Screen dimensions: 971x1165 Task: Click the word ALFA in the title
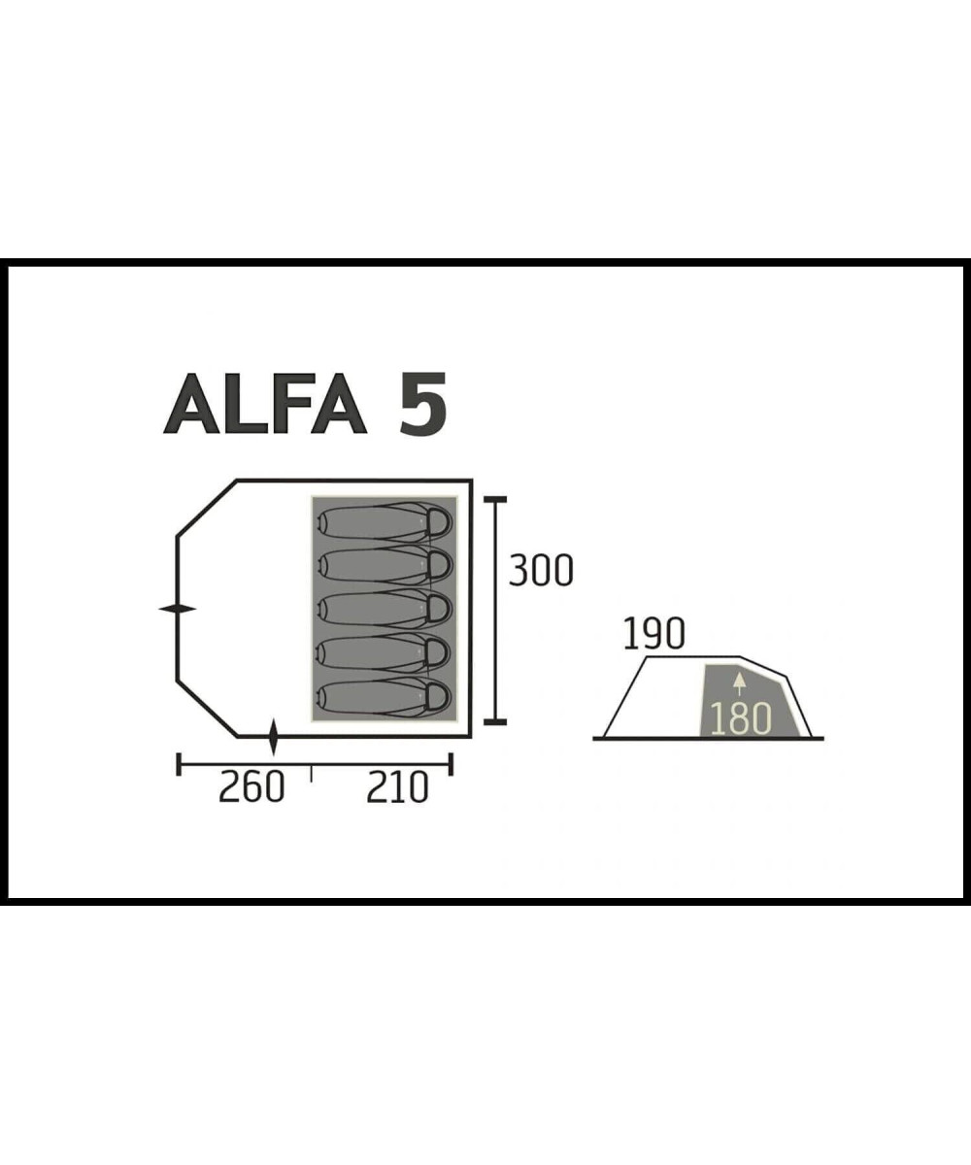[264, 403]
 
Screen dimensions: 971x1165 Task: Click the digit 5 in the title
[422, 403]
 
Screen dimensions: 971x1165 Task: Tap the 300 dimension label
[541, 570]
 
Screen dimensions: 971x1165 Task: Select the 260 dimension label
[251, 787]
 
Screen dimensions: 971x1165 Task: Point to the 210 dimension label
[397, 787]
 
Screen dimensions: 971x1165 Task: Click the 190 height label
[653, 634]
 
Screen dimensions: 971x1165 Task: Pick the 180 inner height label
[741, 719]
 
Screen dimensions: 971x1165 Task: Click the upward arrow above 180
[740, 684]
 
